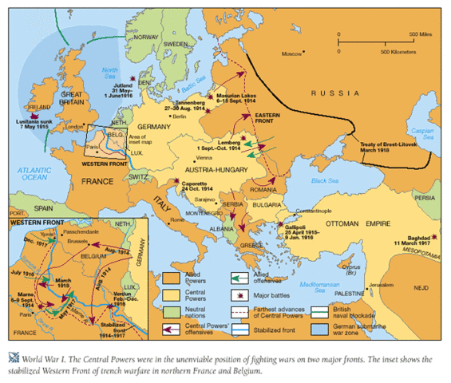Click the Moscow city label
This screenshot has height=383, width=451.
[294, 53]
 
